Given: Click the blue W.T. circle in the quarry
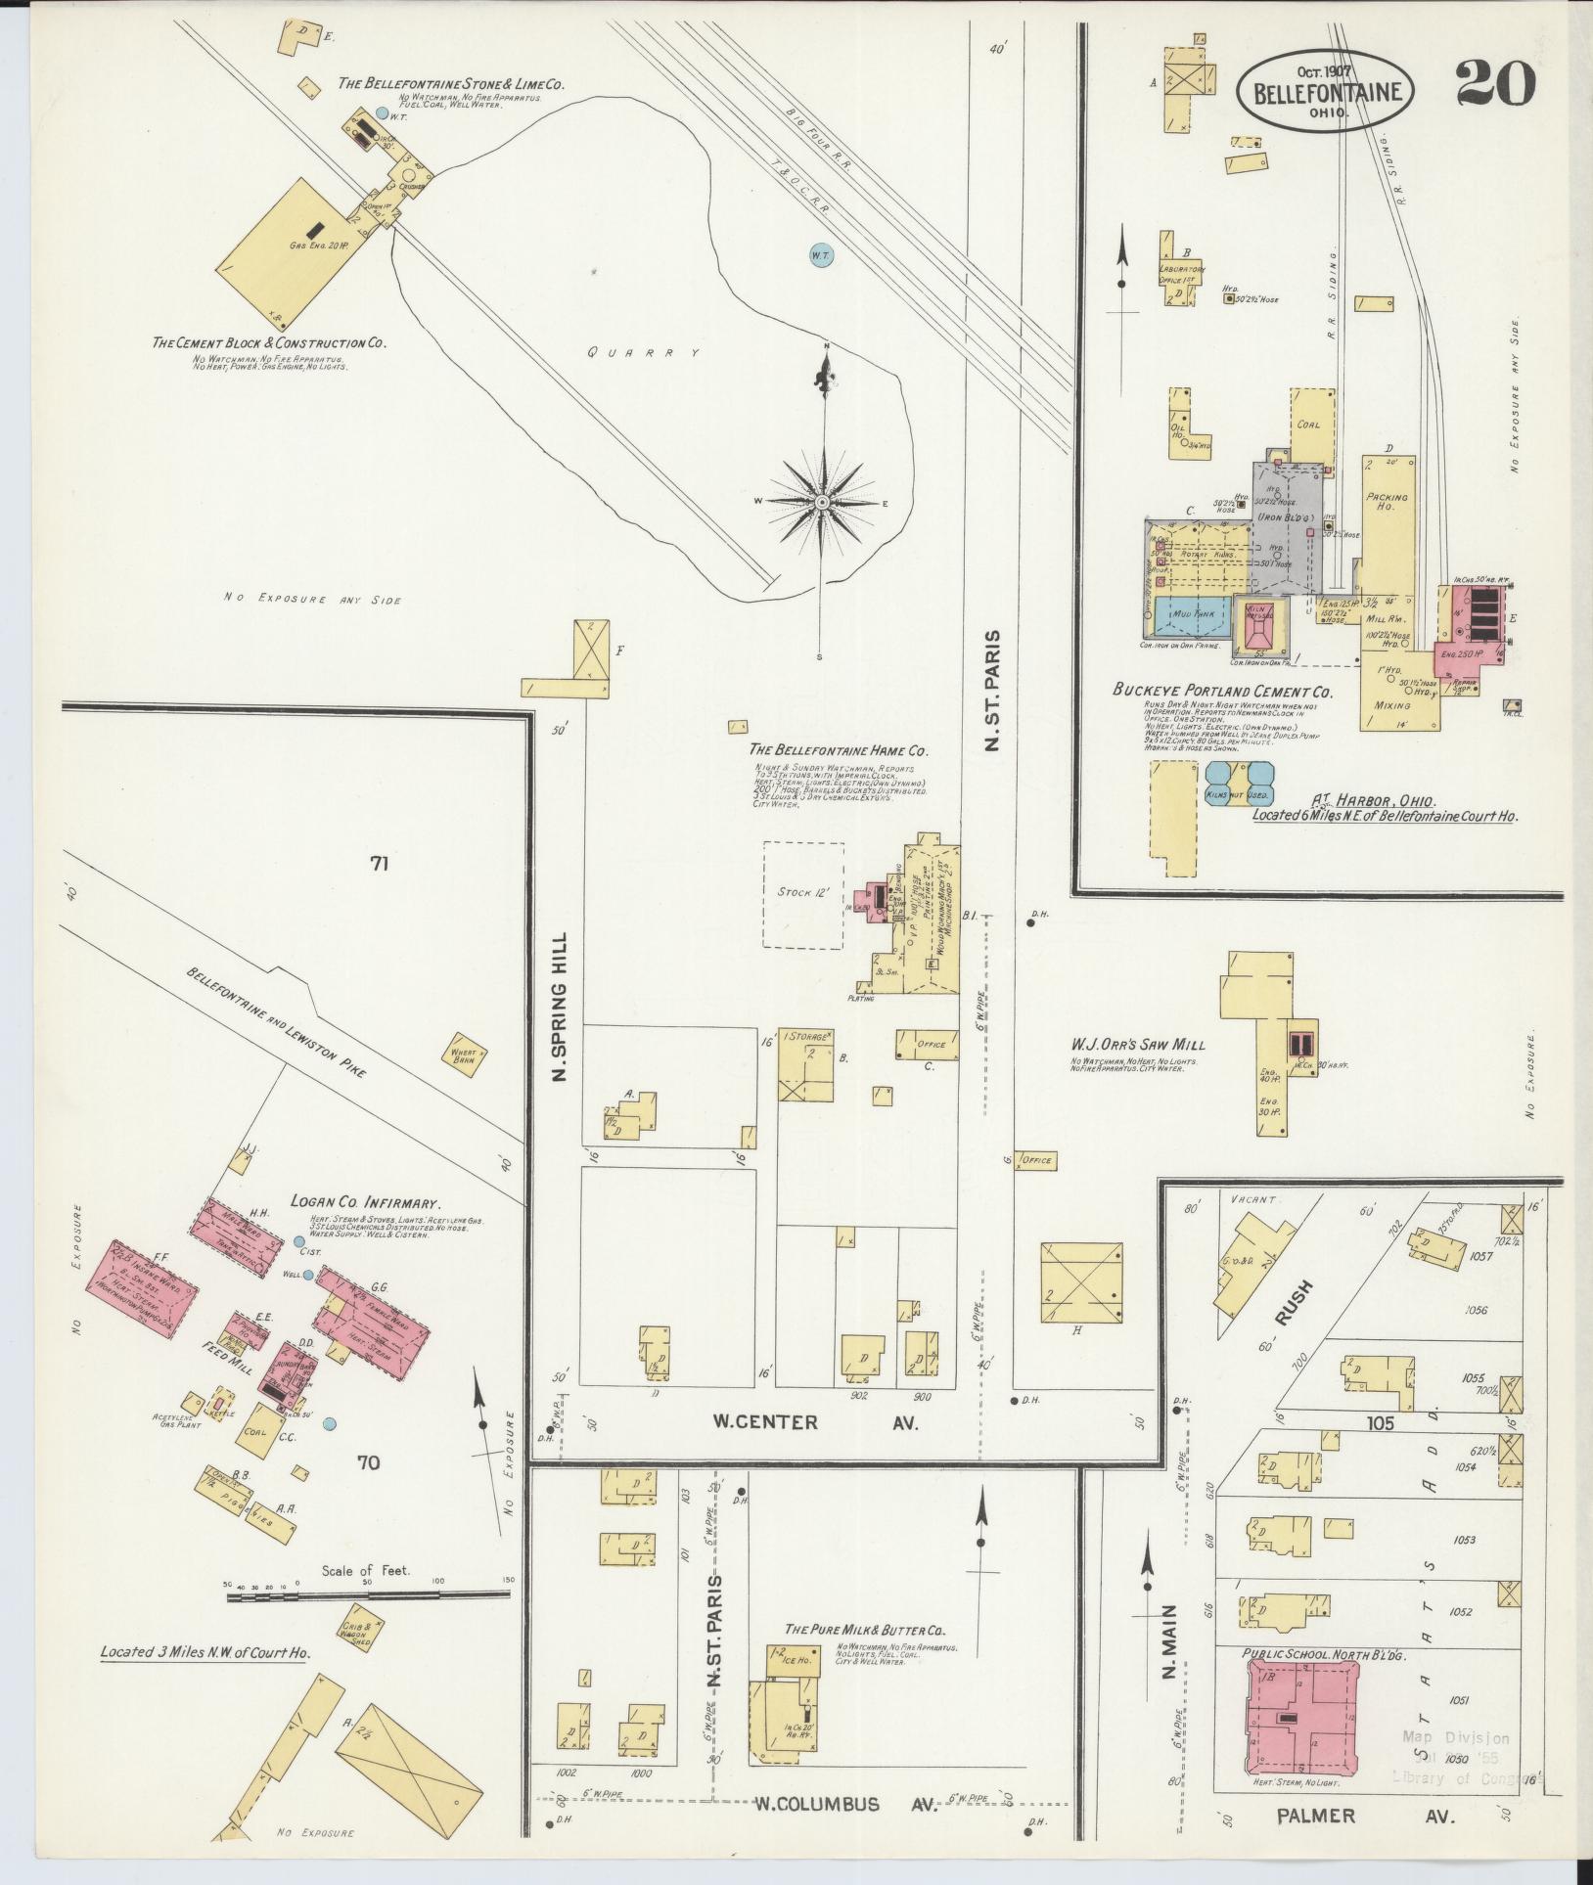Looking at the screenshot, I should click(x=820, y=255).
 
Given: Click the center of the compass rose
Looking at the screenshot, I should click(x=823, y=502).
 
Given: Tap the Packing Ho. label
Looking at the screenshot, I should click(x=1386, y=502).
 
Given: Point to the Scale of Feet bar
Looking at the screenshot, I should click(x=368, y=1595).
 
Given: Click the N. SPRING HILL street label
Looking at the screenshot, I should click(x=560, y=1005).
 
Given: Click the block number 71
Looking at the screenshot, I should click(x=381, y=863).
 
